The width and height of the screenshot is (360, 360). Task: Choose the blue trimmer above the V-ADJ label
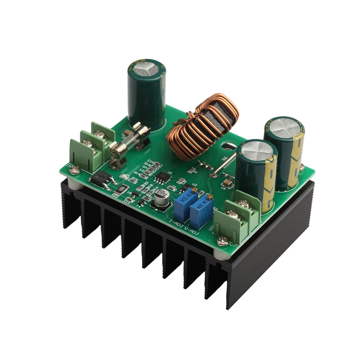click(x=200, y=211)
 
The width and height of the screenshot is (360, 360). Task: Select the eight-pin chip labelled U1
click(x=162, y=176)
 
